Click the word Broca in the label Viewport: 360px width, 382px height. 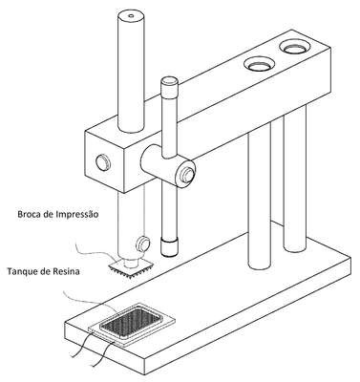pos(28,214)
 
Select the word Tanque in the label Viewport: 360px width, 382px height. pos(19,272)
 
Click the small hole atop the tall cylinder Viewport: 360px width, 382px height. pos(131,15)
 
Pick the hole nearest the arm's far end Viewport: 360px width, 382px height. pos(294,48)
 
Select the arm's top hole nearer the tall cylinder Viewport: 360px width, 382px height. pos(260,64)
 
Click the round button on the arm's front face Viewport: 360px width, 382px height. pos(103,162)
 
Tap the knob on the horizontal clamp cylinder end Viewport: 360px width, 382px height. pos(187,174)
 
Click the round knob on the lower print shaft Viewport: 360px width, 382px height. pos(142,244)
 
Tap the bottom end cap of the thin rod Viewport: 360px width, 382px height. pos(169,248)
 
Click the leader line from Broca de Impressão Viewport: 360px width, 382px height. pos(94,251)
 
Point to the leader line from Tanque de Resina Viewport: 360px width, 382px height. pos(90,301)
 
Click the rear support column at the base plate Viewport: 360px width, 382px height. pos(294,179)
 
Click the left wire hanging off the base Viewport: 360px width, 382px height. pos(80,345)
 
